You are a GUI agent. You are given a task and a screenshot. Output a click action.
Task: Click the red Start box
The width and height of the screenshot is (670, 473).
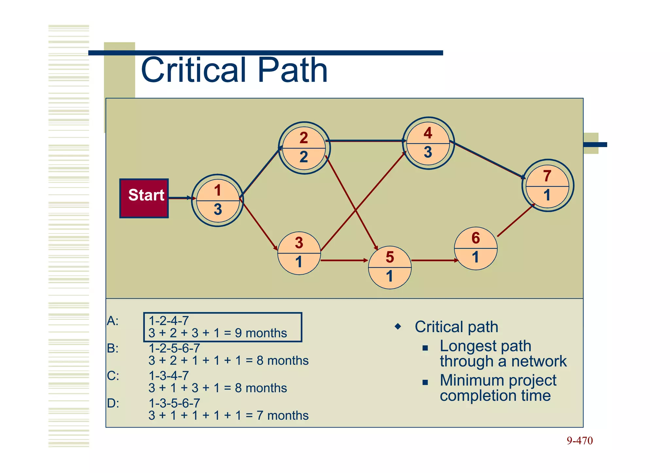(x=144, y=198)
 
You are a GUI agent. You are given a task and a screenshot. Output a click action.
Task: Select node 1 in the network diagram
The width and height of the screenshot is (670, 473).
(x=218, y=200)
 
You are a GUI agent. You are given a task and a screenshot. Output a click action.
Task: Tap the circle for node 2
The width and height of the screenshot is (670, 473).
(x=304, y=148)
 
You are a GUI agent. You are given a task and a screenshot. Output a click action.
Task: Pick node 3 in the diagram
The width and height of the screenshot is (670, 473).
(x=299, y=253)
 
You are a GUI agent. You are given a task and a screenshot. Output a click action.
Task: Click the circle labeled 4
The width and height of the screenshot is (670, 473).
(x=428, y=143)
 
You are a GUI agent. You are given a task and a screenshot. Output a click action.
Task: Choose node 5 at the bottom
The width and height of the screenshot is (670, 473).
(x=390, y=267)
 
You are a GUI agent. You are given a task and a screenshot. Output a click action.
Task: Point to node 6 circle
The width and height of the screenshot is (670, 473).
(x=476, y=248)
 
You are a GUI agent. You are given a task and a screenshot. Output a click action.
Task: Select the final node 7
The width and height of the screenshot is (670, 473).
(x=547, y=186)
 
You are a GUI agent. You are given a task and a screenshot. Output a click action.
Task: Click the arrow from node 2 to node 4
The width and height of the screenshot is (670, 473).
(x=365, y=141)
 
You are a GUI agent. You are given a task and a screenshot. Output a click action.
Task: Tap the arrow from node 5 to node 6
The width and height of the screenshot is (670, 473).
(x=433, y=261)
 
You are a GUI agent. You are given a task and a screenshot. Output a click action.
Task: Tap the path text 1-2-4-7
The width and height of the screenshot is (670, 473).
(x=169, y=321)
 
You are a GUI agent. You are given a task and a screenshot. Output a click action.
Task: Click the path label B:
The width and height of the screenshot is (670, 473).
(x=113, y=348)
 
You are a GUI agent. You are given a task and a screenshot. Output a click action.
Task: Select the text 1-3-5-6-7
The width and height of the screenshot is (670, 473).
(x=174, y=403)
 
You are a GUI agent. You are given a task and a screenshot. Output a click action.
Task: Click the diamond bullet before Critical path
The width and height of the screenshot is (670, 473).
(x=398, y=326)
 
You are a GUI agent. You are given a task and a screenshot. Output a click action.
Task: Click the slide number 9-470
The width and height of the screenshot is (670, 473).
(x=579, y=441)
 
